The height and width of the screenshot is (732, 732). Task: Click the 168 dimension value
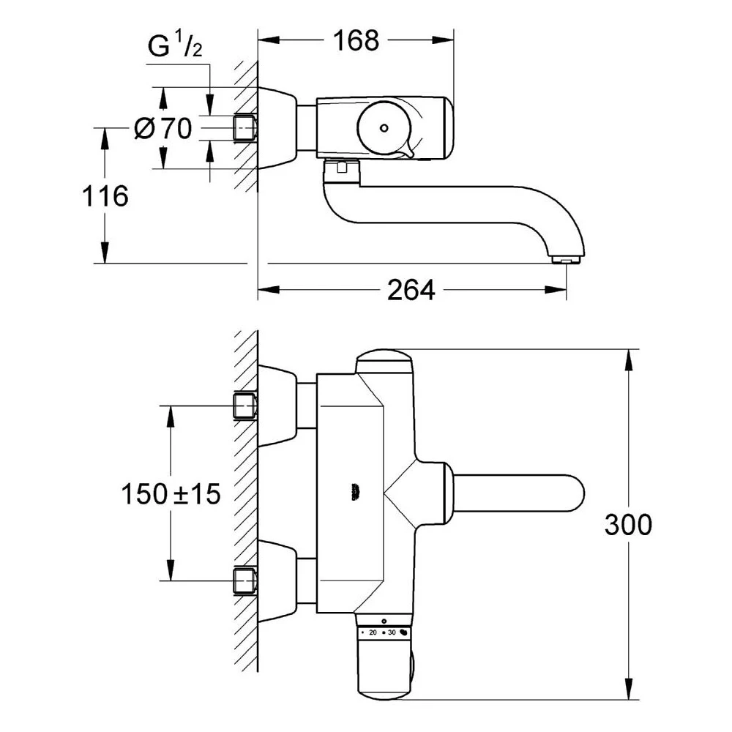tap(358, 40)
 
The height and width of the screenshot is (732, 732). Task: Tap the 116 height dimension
tap(105, 196)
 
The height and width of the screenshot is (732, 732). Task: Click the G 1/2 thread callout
tap(174, 48)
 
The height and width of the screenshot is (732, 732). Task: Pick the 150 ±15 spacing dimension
tap(171, 494)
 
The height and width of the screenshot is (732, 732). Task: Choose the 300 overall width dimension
tap(628, 524)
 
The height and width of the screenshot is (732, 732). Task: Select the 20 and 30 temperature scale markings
tap(382, 631)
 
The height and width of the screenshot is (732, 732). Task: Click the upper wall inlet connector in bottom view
tap(245, 406)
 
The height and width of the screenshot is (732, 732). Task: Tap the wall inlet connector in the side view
tap(245, 127)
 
